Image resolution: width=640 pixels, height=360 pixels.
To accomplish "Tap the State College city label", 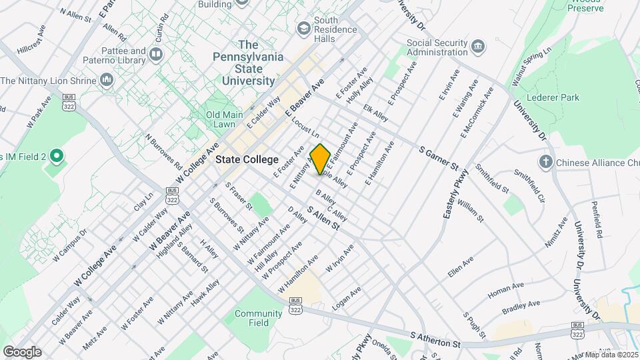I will tap(246, 160).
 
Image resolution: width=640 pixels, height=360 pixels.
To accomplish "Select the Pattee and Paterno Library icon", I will tap(157, 54).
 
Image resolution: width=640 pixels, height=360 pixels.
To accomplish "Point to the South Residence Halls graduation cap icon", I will tap(304, 28).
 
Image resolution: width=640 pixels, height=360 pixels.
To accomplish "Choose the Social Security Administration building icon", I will tap(478, 46).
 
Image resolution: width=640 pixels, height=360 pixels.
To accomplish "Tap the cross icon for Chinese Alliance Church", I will tap(545, 161).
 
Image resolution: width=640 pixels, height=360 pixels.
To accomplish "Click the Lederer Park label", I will tap(553, 97).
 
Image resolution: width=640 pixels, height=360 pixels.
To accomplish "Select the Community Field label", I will tap(258, 318).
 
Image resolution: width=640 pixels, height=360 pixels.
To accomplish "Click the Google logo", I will tap(22, 351).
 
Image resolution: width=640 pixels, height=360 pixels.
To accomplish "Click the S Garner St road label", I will tap(439, 157).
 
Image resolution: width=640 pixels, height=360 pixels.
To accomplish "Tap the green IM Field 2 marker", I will tap(56, 157).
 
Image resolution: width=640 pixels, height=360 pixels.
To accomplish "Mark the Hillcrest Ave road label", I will tap(31, 40).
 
